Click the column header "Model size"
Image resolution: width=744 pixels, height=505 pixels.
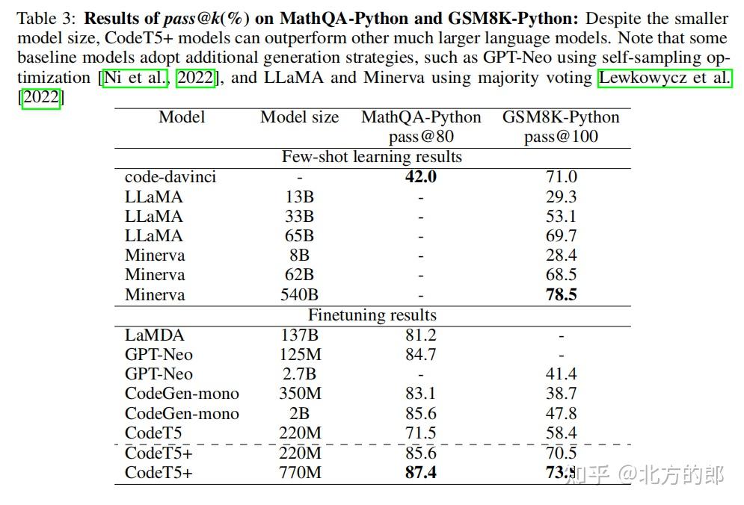pos(299,117)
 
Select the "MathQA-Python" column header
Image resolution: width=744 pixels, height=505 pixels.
pos(421,117)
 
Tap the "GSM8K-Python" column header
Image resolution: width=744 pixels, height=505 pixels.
pos(561,117)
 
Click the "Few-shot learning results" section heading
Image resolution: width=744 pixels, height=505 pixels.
pos(372,157)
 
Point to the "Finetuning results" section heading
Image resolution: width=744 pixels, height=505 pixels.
pos(372,315)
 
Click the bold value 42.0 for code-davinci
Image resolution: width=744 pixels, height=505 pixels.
pos(421,177)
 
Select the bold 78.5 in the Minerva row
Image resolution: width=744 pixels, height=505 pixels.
pos(561,294)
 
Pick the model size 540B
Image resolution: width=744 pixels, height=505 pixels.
pos(299,294)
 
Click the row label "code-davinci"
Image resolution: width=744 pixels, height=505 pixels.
pos(170,177)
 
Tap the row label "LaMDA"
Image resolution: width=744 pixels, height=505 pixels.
pos(154,335)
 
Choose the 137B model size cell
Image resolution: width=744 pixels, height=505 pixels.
pos(299,335)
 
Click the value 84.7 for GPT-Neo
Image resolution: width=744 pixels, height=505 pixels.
pos(421,355)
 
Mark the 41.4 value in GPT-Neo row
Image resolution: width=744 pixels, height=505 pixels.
pos(561,374)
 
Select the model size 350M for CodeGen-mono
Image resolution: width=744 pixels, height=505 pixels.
pos(299,394)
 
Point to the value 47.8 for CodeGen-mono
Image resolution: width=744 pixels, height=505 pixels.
pos(561,414)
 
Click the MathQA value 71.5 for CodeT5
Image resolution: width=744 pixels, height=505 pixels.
pos(421,433)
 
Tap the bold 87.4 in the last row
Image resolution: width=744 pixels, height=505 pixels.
pos(421,473)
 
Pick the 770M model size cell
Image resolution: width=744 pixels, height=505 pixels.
pos(299,473)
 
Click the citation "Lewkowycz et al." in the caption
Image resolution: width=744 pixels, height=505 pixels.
pos(665,78)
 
